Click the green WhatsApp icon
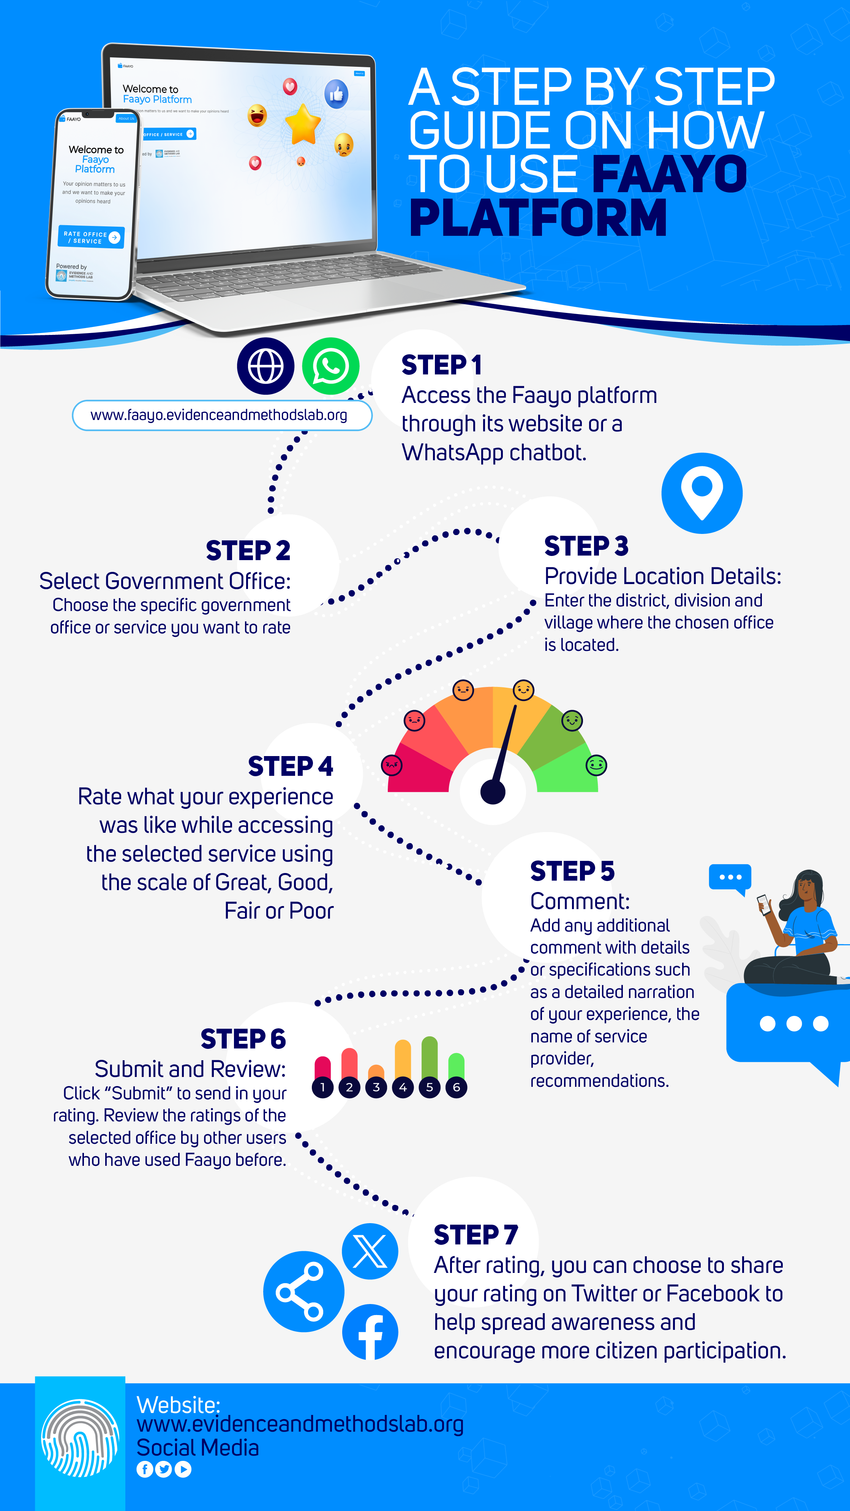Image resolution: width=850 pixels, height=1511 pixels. click(330, 366)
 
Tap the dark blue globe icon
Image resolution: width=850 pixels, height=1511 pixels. click(266, 366)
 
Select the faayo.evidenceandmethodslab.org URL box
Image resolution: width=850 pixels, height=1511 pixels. click(222, 415)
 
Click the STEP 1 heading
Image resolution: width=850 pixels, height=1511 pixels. click(441, 365)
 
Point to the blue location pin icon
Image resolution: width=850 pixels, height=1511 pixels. click(701, 493)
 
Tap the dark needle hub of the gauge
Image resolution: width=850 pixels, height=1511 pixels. click(493, 792)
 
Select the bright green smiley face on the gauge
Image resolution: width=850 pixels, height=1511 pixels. click(596, 765)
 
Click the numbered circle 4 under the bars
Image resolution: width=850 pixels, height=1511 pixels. click(403, 1087)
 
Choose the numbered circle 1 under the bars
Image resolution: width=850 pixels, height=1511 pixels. click(322, 1087)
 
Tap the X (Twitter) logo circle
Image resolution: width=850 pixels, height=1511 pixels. click(370, 1251)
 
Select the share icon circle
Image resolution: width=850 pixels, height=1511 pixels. click(303, 1291)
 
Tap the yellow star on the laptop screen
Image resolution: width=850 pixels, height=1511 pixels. click(303, 124)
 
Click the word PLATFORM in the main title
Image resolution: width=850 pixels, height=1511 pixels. click(537, 218)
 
